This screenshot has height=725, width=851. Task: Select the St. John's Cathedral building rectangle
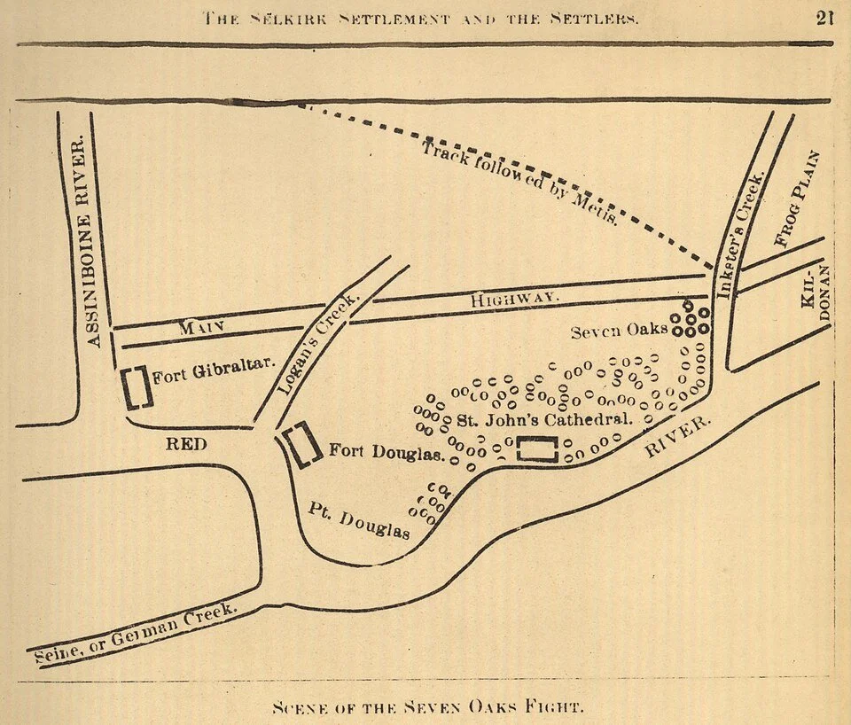point(538,449)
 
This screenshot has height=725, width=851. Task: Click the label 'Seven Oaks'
point(619,330)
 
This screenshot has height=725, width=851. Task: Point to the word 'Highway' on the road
point(514,300)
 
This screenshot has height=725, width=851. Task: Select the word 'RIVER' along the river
point(678,437)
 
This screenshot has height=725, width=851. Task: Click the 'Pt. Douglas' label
point(360,520)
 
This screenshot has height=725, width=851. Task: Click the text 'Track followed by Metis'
point(519,183)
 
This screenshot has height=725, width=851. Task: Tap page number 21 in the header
point(825,17)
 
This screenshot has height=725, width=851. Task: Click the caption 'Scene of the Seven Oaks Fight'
point(428,707)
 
